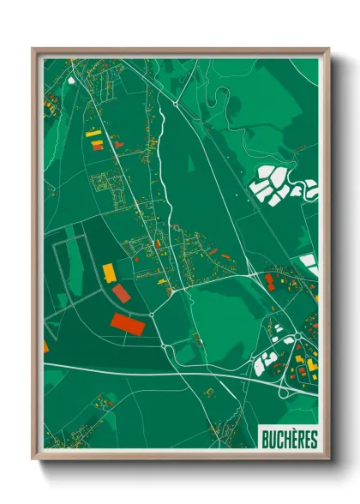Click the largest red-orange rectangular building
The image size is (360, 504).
pyautogui.click(x=129, y=325)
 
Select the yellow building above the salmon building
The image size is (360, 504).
pyautogui.click(x=110, y=273)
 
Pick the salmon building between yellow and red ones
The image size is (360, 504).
pyautogui.click(x=122, y=294)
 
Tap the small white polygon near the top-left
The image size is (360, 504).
pyautogui.click(x=71, y=81)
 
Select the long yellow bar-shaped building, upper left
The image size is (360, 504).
pyautogui.click(x=93, y=134)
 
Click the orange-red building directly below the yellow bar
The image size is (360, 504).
pyautogui.click(x=97, y=146)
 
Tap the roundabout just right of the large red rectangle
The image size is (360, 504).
pyautogui.click(x=152, y=315)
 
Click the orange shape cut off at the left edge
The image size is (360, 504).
pyautogui.click(x=45, y=347)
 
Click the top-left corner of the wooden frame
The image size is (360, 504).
pyautogui.click(x=33, y=49)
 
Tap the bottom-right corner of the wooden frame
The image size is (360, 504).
pyautogui.click(x=329, y=461)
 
